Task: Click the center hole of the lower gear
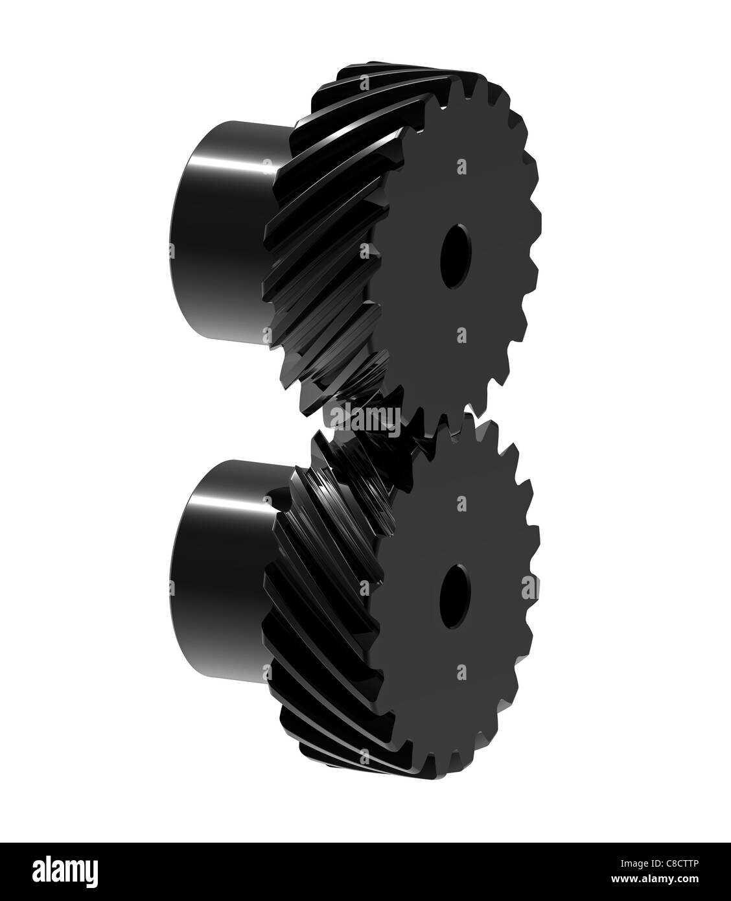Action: pyautogui.click(x=455, y=597)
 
